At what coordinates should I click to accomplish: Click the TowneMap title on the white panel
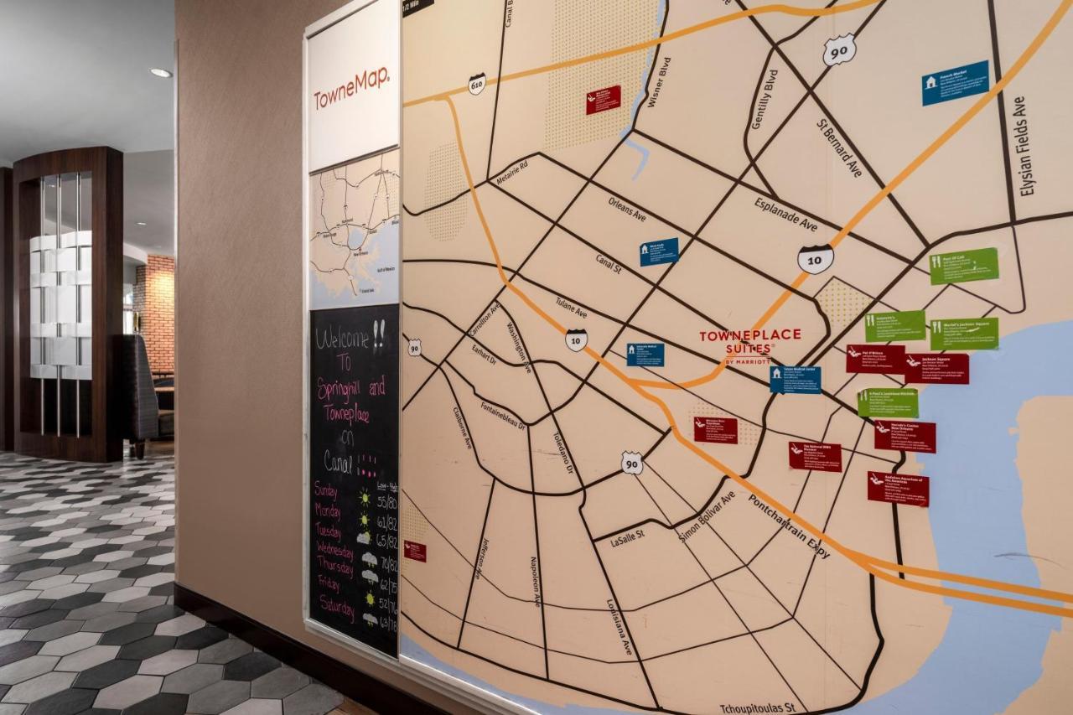coord(351,89)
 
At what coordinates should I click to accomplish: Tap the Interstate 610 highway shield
coord(476,84)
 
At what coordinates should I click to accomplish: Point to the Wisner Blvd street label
coord(660,82)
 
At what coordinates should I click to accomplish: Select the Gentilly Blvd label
coord(764,99)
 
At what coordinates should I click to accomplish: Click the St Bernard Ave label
coord(839,148)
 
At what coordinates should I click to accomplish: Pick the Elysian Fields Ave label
coord(1024,147)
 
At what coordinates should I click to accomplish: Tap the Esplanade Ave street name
coord(785,214)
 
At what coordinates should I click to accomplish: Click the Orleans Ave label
coord(627,209)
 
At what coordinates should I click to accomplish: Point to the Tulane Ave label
coord(571,308)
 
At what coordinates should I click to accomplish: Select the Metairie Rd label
coord(511,174)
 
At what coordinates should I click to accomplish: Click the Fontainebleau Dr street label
coord(503,415)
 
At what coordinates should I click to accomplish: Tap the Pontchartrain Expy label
coord(788,526)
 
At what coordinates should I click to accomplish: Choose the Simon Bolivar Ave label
coord(707,516)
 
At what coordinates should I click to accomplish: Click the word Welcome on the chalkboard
coord(343,337)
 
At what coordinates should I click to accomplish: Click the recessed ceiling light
coord(161,73)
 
